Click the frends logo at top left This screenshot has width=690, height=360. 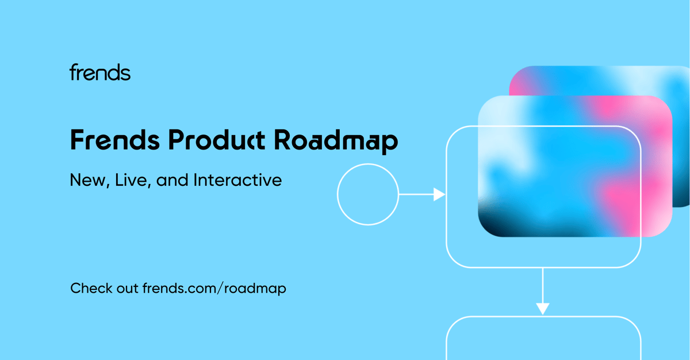[100, 72]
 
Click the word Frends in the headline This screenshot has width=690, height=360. [115, 140]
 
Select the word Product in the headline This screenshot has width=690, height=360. [217, 140]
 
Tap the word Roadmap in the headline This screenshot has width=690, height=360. [336, 141]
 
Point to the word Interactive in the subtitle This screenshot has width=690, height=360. [237, 180]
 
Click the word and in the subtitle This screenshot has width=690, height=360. [172, 180]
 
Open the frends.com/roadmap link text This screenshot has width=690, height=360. [214, 289]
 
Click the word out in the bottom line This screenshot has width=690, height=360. [127, 289]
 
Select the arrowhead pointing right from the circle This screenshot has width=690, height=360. [439, 194]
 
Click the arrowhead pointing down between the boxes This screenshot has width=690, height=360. [543, 309]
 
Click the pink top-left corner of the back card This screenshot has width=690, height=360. [520, 81]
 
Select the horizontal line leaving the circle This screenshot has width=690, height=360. [416, 194]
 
